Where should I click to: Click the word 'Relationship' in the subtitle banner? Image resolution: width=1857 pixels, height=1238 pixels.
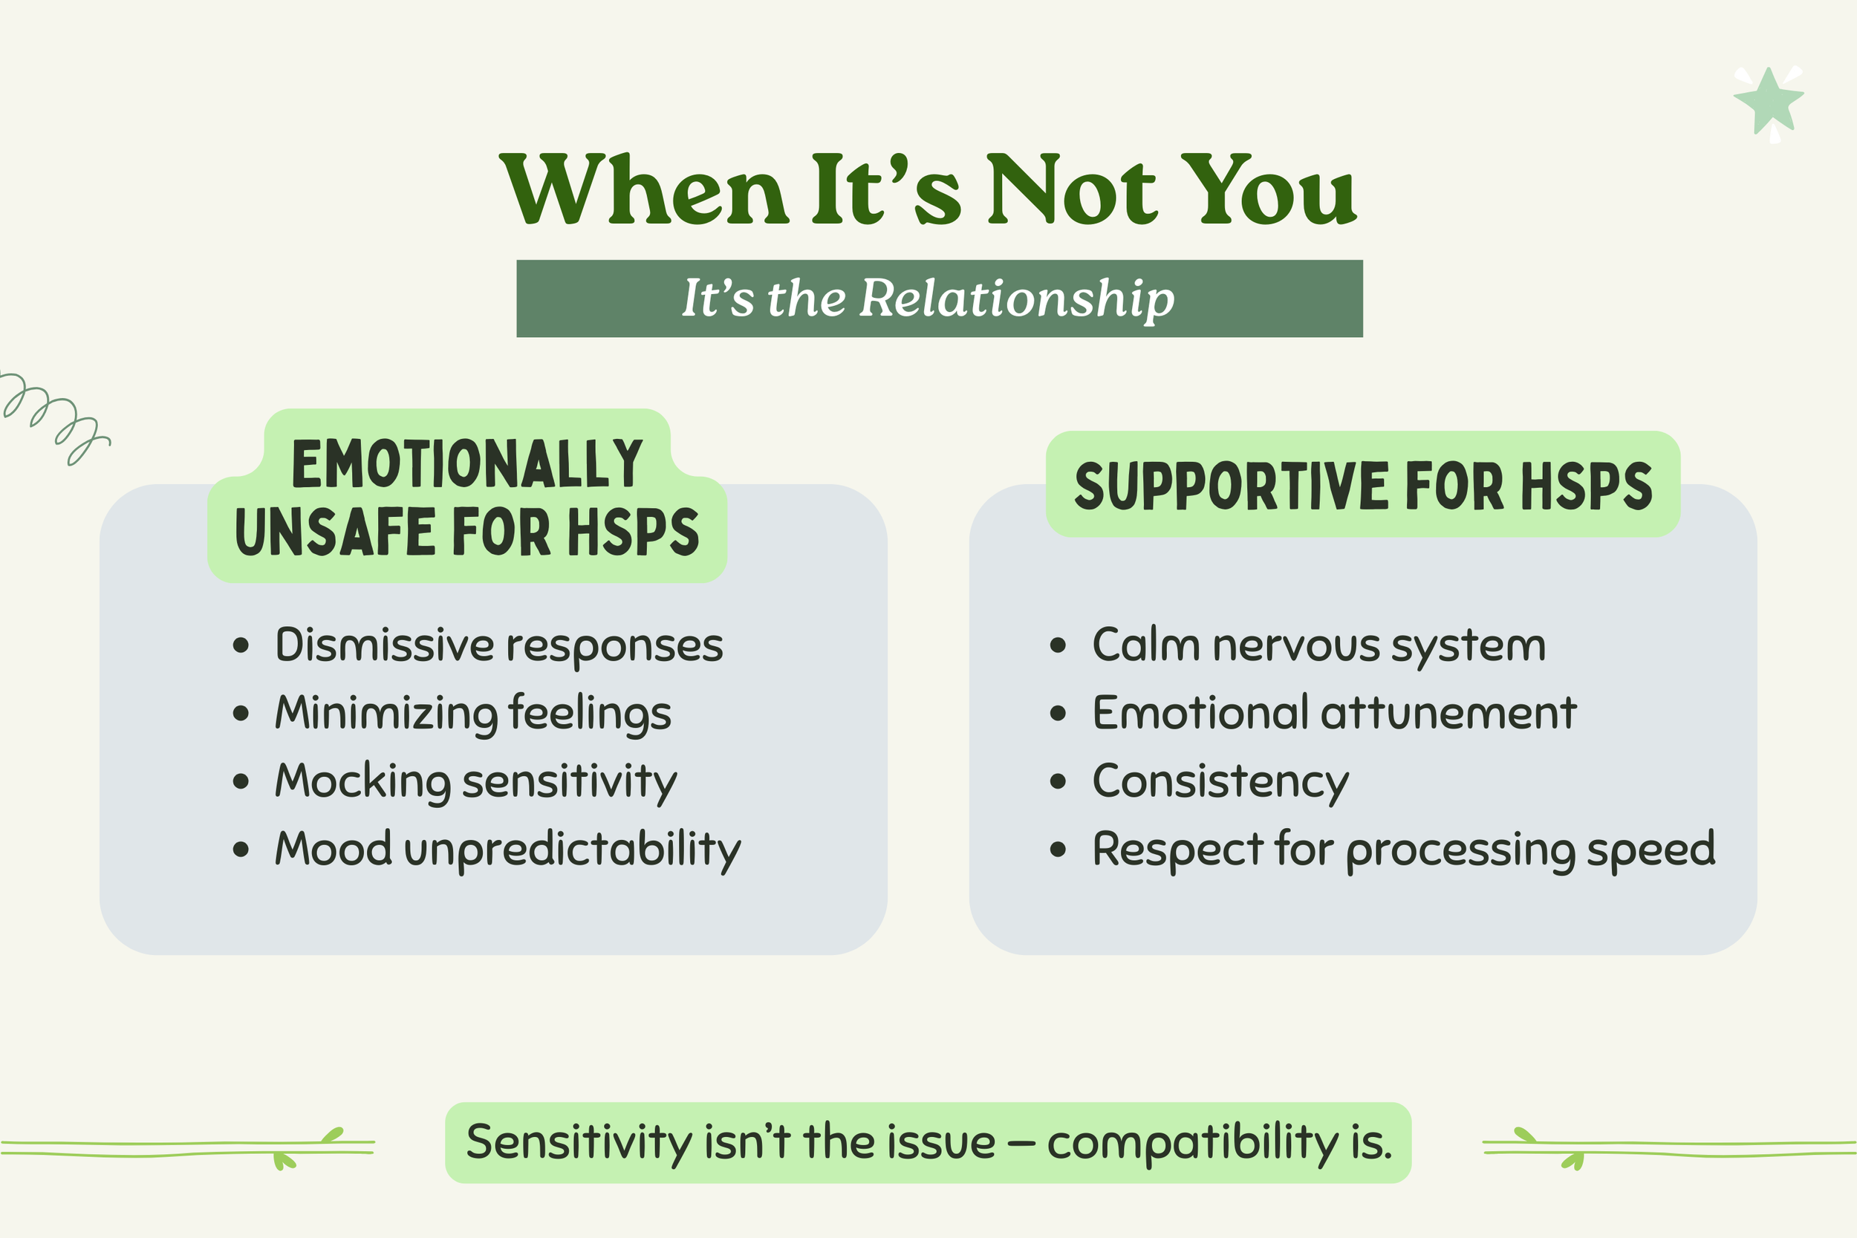1017,299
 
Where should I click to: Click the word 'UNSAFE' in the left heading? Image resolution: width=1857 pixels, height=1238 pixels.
335,531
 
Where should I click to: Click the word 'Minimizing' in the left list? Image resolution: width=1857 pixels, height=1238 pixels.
386,713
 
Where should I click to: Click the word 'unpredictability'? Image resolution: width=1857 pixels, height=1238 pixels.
573,850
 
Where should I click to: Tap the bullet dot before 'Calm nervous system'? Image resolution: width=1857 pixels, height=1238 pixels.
1058,645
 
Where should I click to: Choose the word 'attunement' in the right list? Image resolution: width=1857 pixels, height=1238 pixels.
1448,713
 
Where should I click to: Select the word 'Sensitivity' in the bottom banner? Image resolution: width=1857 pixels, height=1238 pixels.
579,1142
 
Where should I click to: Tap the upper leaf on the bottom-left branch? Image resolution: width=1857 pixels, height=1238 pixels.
334,1135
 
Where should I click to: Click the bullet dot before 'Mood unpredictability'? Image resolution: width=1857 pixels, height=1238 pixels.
241,850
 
